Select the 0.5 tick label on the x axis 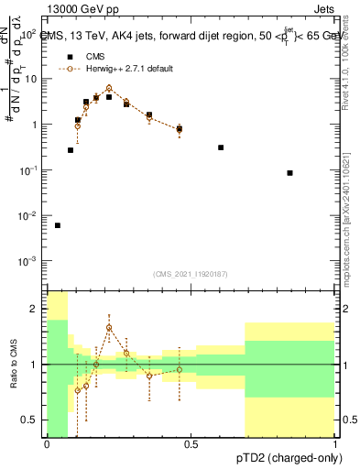(x=191, y=445)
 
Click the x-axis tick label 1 (x=335, y=445)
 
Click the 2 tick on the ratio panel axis (x=34, y=309)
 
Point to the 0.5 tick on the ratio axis (x=30, y=420)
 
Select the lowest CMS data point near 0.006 (x=58, y=225)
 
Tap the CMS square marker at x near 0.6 (x=221, y=147)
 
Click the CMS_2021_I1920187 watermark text (x=190, y=274)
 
